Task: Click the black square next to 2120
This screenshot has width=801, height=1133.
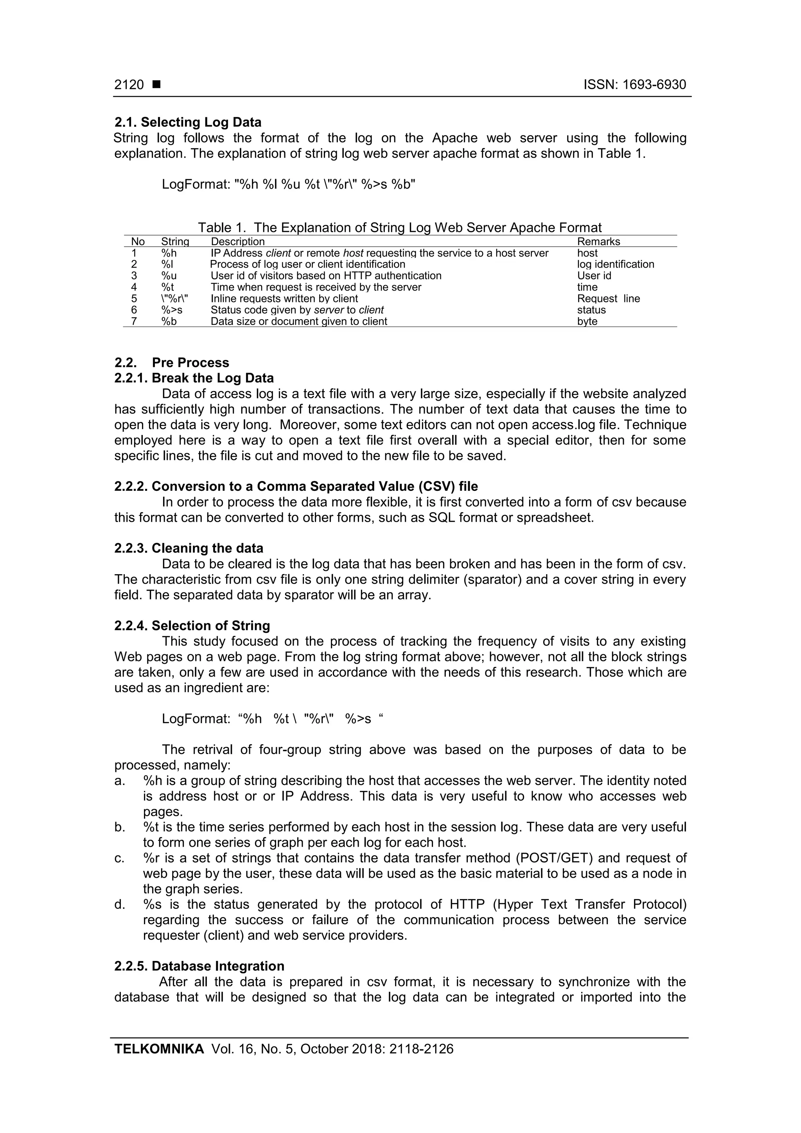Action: click(x=156, y=85)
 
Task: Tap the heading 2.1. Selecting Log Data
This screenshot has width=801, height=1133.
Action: click(x=188, y=122)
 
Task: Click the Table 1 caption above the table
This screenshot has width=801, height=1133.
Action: click(x=400, y=228)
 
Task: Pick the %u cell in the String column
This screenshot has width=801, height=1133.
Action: click(x=169, y=275)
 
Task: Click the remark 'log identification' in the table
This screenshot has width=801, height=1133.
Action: click(x=616, y=264)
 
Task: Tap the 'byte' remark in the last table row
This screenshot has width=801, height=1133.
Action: click(x=587, y=321)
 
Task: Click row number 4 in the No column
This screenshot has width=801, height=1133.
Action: click(x=134, y=287)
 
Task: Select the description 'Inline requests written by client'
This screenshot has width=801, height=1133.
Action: click(x=284, y=298)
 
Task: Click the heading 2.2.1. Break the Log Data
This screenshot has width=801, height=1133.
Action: click(x=194, y=378)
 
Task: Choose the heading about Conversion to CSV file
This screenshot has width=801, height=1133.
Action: click(x=296, y=487)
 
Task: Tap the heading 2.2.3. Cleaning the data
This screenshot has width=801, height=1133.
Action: click(x=189, y=548)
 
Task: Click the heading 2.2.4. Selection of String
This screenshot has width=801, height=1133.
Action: click(x=192, y=626)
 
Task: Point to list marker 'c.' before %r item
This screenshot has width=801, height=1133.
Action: click(x=119, y=858)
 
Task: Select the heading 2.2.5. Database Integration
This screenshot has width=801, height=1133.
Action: click(x=199, y=966)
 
